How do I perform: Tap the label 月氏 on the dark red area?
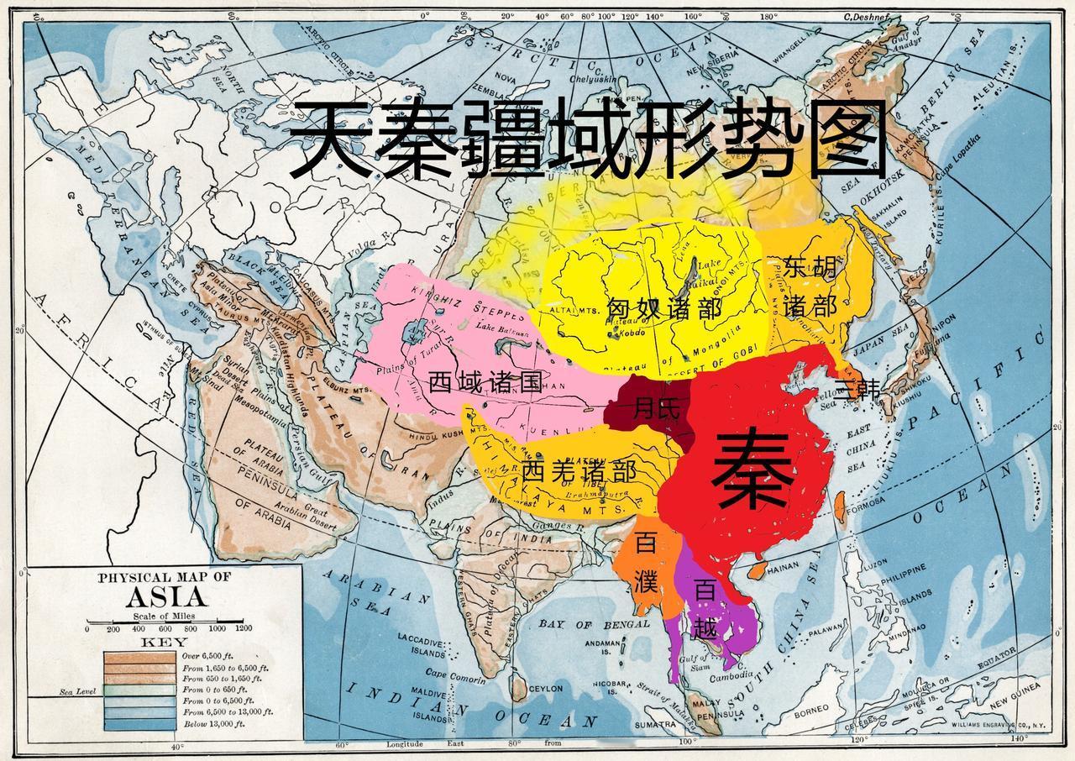[656, 409]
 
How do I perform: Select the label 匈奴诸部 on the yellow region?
[663, 309]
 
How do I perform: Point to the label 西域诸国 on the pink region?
[485, 383]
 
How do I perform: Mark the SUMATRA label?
[655, 724]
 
